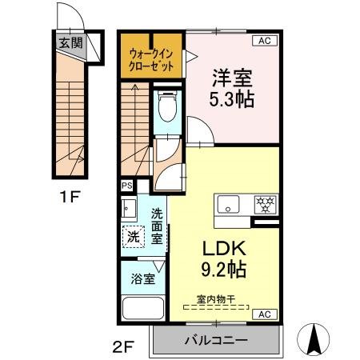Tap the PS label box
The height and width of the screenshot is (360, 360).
tap(126, 186)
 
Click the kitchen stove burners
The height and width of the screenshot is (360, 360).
tap(263, 205)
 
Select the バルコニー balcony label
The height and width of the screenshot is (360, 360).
tap(216, 341)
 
